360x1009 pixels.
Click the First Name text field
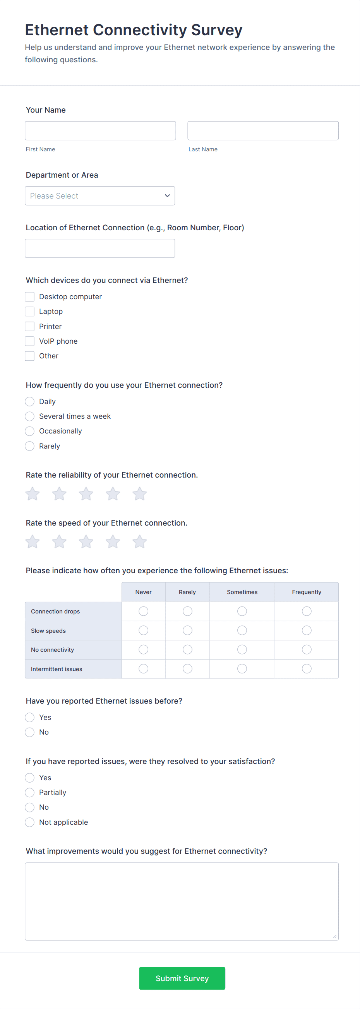100,130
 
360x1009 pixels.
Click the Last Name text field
263,130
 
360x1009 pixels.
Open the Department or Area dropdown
100,196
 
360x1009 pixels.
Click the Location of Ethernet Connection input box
100,248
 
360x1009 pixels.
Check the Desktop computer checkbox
30,296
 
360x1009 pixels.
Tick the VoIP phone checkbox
30,341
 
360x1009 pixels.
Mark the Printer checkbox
30,326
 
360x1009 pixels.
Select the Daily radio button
30,401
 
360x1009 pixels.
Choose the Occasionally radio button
30,431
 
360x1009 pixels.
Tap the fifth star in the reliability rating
139,494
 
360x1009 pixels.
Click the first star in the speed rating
33,542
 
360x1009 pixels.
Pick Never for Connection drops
143,611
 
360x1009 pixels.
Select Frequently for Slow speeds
307,630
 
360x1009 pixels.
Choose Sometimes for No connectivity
242,649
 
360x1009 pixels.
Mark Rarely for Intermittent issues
188,669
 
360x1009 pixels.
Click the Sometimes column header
242,592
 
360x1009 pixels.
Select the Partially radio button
30,792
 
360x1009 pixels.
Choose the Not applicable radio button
30,822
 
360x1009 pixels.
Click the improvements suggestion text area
182,901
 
